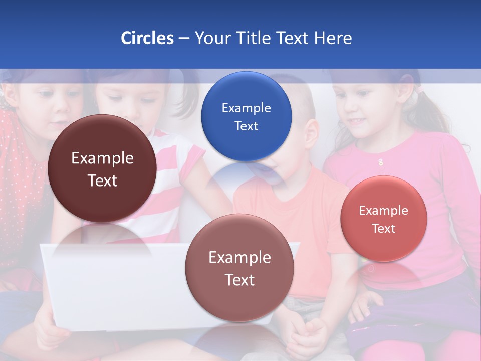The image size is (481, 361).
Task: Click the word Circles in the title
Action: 147,38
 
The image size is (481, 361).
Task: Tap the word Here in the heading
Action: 333,38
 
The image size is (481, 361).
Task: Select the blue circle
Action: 246,116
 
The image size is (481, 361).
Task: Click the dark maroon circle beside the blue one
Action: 102,168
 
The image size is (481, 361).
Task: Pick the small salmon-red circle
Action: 384,219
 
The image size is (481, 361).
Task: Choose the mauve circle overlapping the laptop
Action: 239,268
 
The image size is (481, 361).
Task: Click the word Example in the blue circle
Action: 246,108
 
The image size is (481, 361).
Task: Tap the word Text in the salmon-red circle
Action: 384,229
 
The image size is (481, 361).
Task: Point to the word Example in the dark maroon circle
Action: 102,158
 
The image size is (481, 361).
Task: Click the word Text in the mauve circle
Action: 239,280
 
